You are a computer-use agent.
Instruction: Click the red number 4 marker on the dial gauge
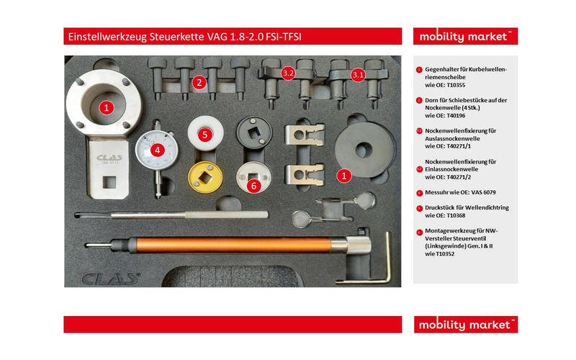(158, 150)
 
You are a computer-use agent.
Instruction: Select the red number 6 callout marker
(253, 185)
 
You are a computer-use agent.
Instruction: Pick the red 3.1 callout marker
(358, 74)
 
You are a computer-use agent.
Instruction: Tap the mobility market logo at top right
(465, 36)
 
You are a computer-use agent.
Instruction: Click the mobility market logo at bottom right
(465, 324)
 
